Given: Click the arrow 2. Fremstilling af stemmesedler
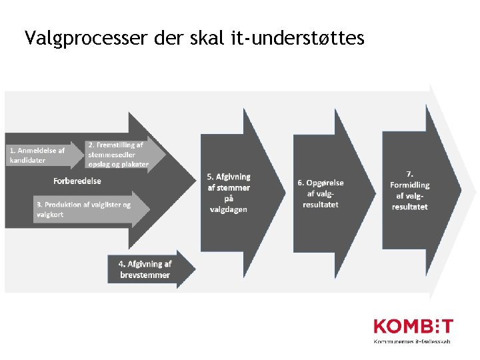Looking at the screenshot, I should click(x=120, y=154).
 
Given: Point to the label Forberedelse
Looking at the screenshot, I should click(x=77, y=181).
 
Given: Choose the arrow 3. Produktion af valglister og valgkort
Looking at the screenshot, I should click(x=83, y=209).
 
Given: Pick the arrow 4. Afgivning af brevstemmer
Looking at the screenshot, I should click(x=145, y=269).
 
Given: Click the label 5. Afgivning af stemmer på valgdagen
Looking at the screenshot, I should click(x=229, y=193).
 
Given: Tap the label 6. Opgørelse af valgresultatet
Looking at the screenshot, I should click(x=320, y=193).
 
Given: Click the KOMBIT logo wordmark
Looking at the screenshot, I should click(x=413, y=327).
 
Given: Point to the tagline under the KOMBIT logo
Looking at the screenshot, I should click(x=412, y=341).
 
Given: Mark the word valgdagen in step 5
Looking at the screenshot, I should click(x=229, y=209).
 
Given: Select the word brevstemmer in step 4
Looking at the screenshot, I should click(x=145, y=275).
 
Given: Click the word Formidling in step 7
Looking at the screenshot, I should click(x=410, y=185).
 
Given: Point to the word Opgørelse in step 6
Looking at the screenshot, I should click(x=325, y=183).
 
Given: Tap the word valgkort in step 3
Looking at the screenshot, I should click(x=50, y=215).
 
